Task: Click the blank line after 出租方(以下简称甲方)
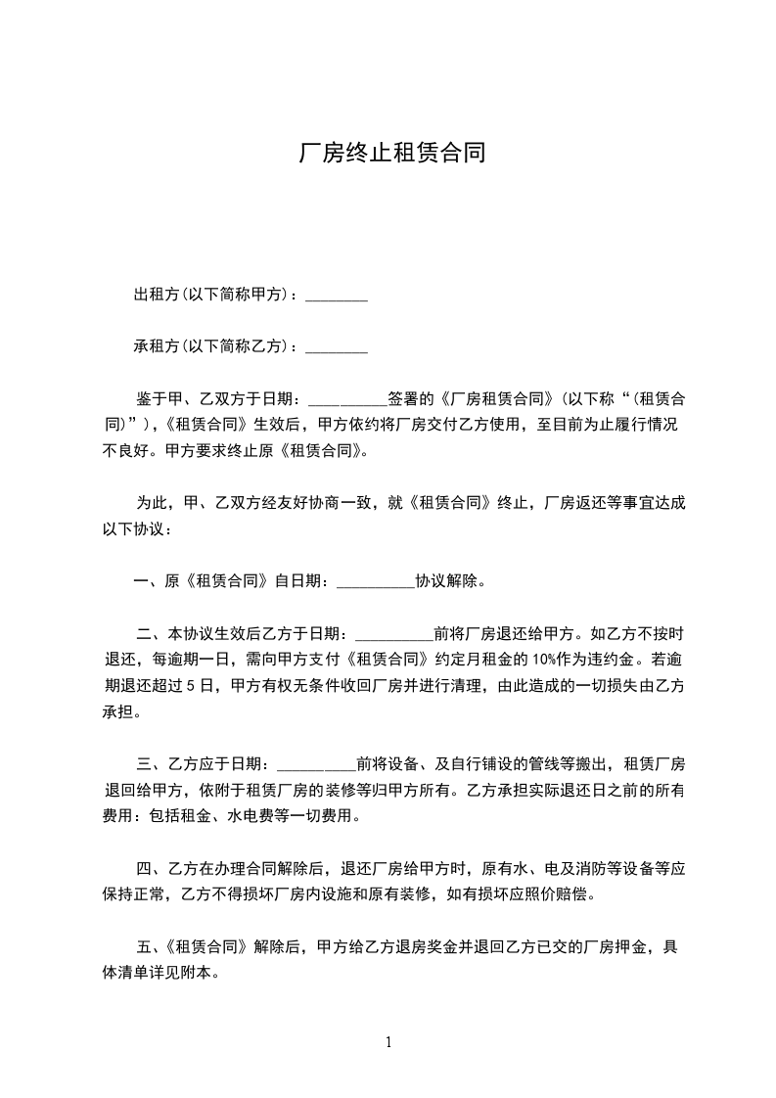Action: click(337, 297)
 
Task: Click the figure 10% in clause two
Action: click(545, 659)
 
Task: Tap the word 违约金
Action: click(606, 659)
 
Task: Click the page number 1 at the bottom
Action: click(388, 1043)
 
